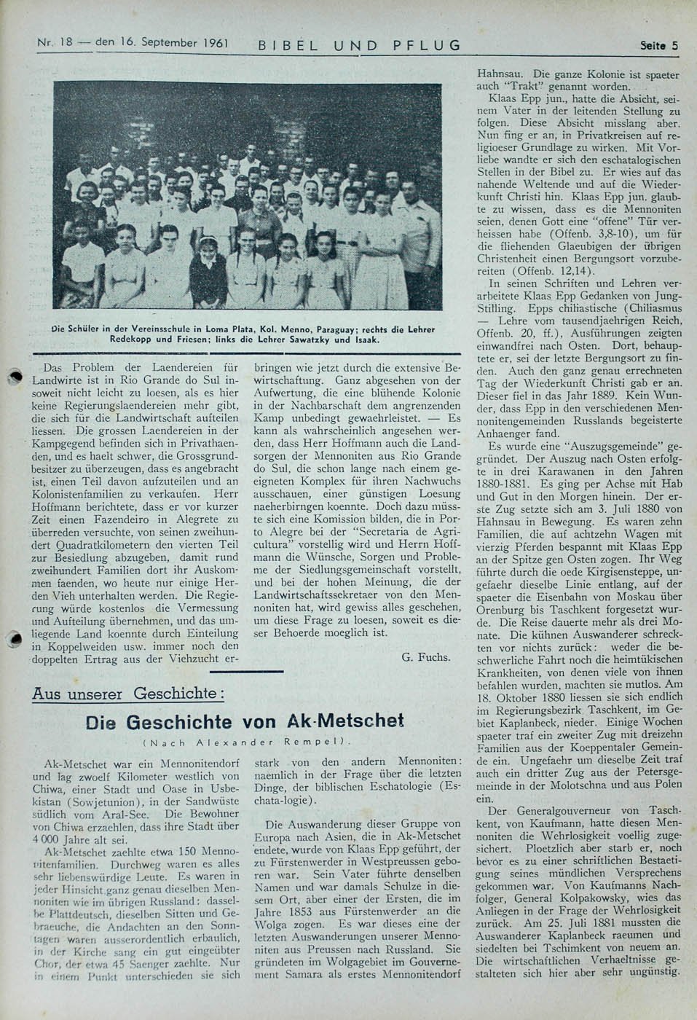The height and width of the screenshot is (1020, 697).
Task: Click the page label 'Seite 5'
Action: [658, 45]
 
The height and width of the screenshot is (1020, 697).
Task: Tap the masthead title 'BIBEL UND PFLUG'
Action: [360, 45]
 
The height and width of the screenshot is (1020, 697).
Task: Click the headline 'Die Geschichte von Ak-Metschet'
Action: [244, 721]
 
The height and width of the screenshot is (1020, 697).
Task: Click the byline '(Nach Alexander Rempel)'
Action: [247, 742]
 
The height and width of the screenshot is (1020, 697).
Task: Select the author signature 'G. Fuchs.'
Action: [425, 656]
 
